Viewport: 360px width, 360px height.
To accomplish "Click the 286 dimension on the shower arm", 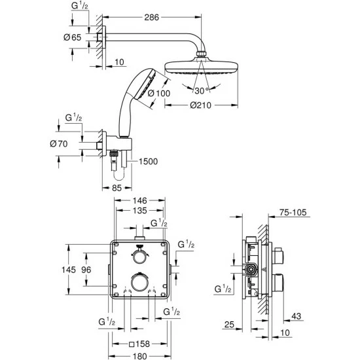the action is pos(152,17).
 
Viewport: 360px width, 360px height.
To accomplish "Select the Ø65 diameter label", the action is pos(72,37).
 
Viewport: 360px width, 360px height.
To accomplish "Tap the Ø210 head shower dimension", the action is pos(200,105).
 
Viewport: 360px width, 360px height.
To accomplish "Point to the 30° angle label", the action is pos(202,91).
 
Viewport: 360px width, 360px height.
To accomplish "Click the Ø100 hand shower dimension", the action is pos(159,93).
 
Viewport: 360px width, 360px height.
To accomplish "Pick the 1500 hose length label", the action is pos(149,162).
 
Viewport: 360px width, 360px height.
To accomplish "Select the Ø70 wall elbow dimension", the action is pos(59,144).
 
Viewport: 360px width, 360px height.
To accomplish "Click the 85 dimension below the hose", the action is pos(117,188).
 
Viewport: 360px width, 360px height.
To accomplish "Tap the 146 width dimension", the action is pos(140,201).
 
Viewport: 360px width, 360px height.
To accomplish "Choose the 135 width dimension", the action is pos(140,211).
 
